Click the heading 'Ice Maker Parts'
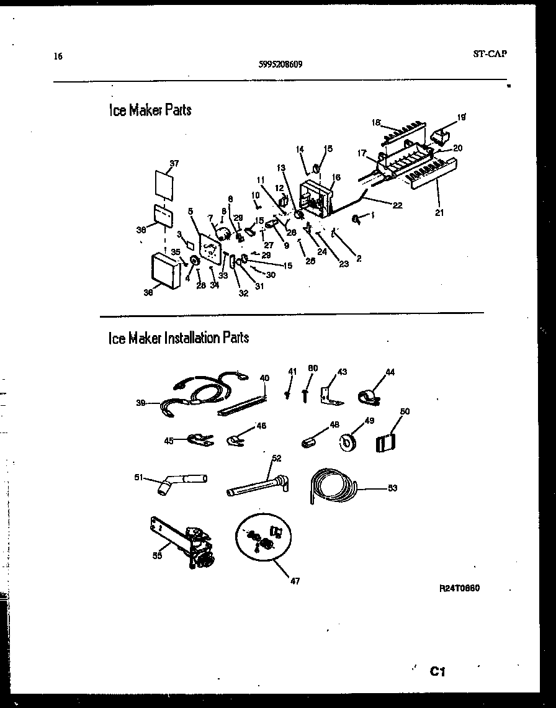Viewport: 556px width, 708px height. click(x=150, y=110)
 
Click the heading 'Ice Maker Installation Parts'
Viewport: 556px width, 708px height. click(x=178, y=338)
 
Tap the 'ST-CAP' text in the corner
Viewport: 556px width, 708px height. click(x=490, y=54)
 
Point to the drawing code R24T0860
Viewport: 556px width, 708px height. click(x=459, y=588)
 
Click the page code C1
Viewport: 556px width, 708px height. click(x=438, y=671)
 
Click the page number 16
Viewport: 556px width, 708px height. click(x=58, y=56)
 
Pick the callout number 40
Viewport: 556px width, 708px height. click(x=264, y=378)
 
